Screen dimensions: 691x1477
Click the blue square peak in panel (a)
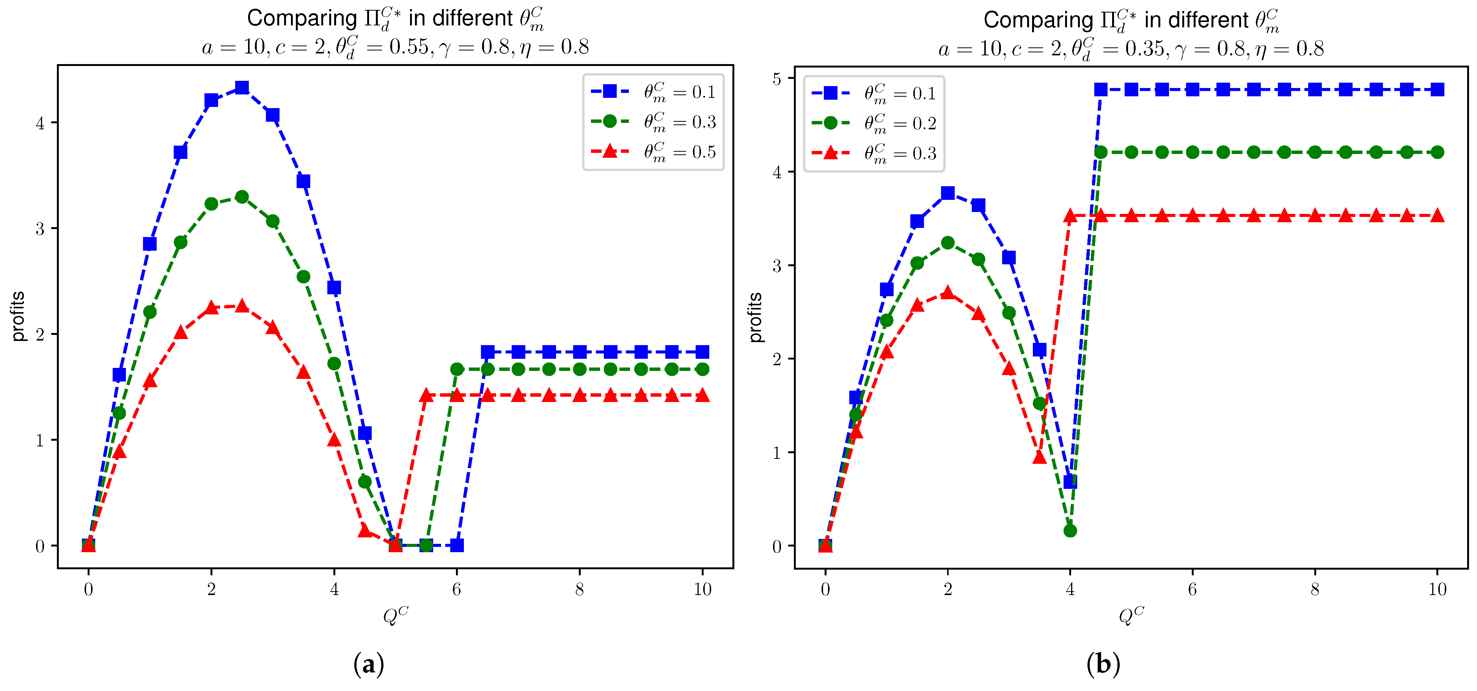242,88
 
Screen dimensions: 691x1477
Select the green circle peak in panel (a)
242,197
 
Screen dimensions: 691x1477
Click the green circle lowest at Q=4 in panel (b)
1070,531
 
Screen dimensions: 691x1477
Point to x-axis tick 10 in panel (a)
702,589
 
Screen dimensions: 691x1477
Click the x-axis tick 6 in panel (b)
1193,589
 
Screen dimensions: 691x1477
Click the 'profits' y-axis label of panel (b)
756,317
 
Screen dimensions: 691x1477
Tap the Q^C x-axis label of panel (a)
396,615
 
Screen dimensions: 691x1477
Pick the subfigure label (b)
1103,664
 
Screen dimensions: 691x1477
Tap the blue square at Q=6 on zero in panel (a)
457,545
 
